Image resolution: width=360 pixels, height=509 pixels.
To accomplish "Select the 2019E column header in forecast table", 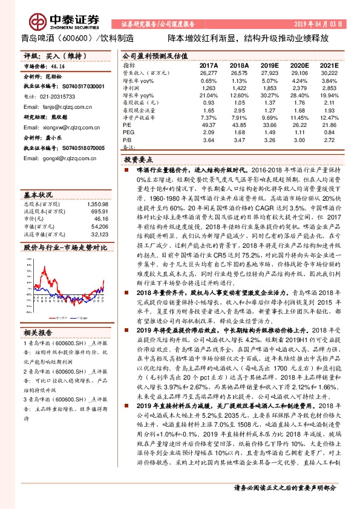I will coord(269,65).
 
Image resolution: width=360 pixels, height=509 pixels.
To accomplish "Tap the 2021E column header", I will coord(330,65).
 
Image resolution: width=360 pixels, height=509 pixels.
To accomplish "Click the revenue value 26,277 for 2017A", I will coord(208,73).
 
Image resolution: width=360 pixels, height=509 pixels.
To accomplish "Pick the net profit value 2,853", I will coord(329,88).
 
